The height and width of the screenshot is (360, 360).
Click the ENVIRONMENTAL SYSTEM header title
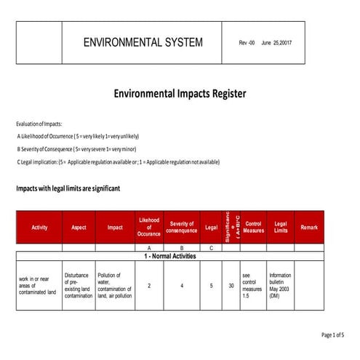coord(143,42)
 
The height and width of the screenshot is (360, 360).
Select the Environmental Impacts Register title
coord(180,94)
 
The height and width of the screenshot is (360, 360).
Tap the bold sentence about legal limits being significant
coord(68,188)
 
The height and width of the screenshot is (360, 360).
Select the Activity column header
coord(39,228)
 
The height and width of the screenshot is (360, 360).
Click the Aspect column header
coord(79,228)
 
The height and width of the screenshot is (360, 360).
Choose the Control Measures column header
coord(254,228)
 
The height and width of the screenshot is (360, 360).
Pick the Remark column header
coord(308,228)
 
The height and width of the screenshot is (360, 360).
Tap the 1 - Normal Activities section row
coord(169,257)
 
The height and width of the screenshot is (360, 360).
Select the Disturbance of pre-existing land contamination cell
coord(79,286)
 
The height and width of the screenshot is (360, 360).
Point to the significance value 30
coord(231,286)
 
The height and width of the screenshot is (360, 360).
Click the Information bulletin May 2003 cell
coord(280,286)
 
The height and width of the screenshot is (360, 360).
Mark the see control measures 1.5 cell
coord(252,286)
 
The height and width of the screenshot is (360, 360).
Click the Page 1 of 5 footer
coord(332,335)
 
